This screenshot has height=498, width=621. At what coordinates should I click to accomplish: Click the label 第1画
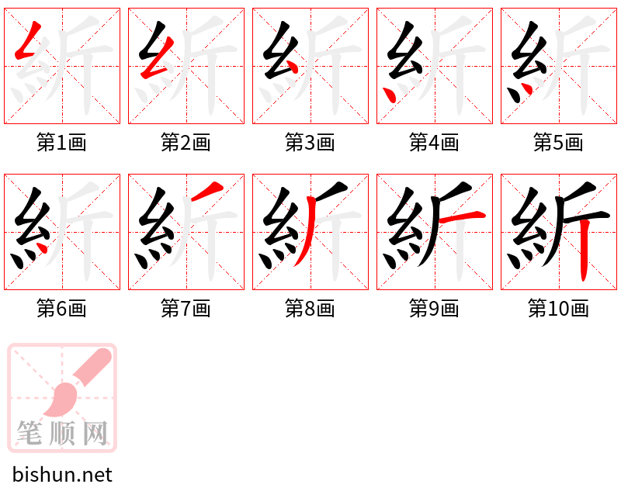pos(61,143)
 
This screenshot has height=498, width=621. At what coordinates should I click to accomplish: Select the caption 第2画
pos(186,143)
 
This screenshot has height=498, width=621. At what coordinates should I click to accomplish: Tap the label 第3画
pos(310,143)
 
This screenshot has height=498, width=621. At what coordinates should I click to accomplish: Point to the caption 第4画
pos(434,143)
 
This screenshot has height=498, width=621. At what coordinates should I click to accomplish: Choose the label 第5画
pos(558,143)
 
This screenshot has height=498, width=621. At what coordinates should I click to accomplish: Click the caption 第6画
pos(61,309)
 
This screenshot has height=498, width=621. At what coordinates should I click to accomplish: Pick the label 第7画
pos(186,309)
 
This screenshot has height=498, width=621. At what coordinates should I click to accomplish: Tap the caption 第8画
pos(310,309)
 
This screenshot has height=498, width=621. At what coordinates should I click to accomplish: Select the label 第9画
pos(434,309)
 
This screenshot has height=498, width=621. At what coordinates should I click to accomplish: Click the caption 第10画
pos(558,309)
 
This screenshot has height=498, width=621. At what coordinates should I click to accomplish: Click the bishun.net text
pos(62,475)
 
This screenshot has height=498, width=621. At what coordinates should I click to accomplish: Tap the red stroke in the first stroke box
pos(26,45)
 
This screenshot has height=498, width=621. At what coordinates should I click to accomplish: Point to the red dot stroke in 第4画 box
pos(390,94)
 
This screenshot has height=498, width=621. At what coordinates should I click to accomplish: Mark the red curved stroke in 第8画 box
pos(306,233)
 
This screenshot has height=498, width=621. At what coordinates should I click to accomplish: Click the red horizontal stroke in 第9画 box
pos(461,218)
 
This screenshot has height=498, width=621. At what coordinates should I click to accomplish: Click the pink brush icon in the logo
pos(78,384)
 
